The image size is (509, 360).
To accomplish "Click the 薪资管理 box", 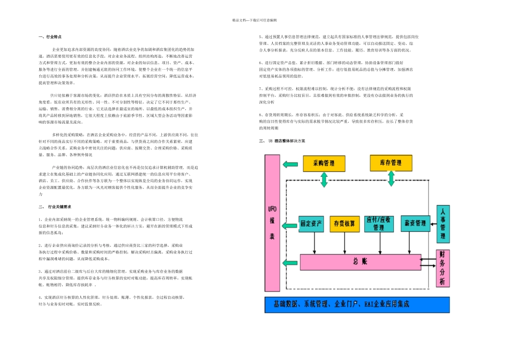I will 415,223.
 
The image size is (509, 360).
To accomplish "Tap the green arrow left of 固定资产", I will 289,223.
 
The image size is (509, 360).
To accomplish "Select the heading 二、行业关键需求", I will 55,206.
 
